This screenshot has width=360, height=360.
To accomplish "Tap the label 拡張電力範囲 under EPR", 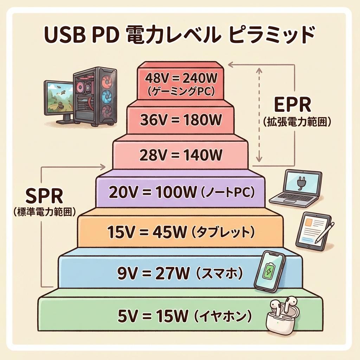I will [297, 122].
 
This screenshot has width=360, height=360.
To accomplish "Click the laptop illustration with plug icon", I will [297, 188].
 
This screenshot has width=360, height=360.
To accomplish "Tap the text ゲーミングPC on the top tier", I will [180, 92].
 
